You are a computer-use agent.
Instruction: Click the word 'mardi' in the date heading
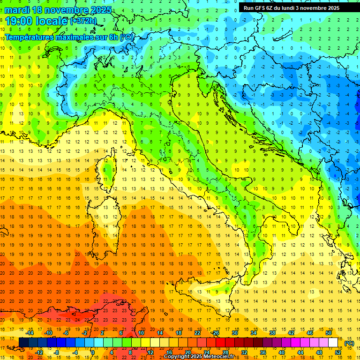18,10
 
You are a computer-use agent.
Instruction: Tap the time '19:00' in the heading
21,21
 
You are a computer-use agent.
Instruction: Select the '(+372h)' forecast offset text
83,21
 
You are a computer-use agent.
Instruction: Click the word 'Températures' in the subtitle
29,37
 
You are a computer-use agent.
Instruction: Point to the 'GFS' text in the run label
263,7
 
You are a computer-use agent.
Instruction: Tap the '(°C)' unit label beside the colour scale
349,343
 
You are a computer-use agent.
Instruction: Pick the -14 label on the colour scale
30,333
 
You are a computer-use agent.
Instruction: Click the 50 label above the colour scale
328,333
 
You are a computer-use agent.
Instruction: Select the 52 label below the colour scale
337,352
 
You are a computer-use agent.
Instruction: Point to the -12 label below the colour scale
39,352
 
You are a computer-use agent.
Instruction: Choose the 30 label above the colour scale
235,333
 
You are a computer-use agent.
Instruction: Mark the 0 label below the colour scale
93,352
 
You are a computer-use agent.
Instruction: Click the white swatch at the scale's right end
333,343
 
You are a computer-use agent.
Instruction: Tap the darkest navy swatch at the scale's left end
23,343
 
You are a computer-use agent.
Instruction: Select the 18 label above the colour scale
179,333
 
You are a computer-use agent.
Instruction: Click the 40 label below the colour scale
281,352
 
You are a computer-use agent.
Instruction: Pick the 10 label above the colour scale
141,333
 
